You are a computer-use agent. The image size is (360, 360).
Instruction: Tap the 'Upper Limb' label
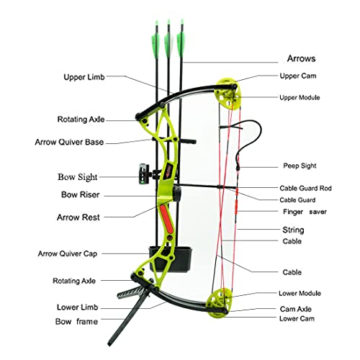[84, 75]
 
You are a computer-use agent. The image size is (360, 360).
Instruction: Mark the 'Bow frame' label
[76, 322]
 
